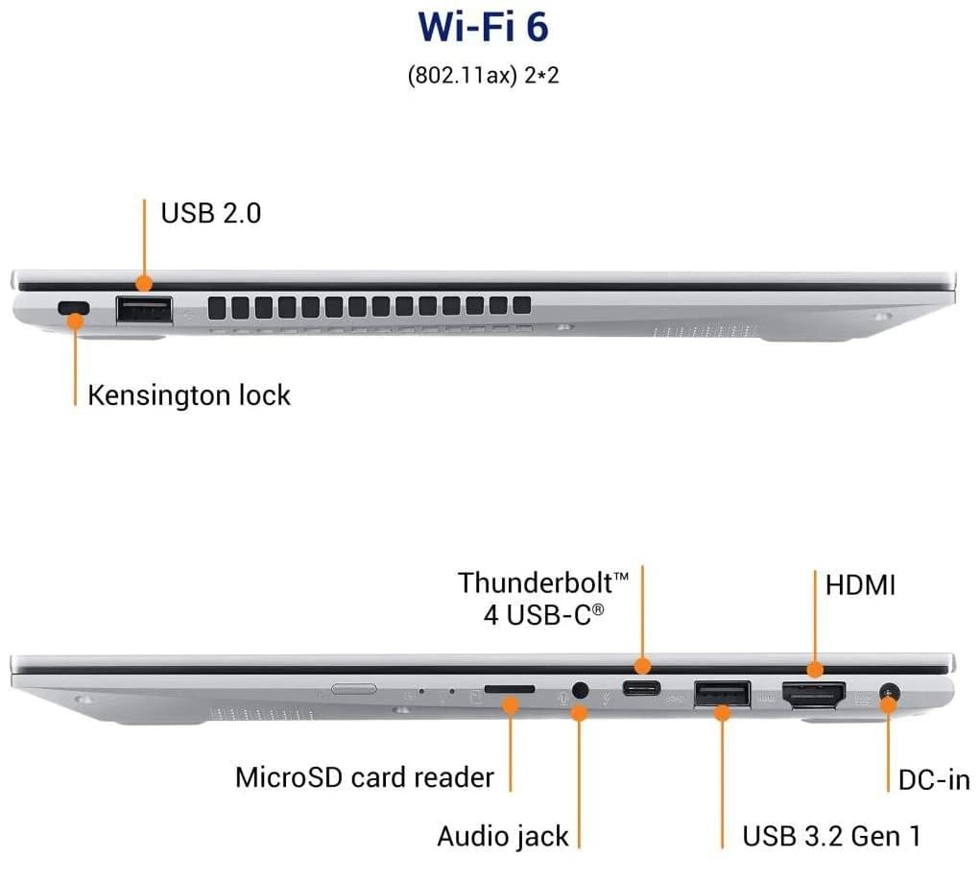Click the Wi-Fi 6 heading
pyautogui.click(x=483, y=27)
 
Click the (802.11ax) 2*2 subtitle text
pyautogui.click(x=483, y=76)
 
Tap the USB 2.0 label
pyautogui.click(x=210, y=212)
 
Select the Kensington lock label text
pyautogui.click(x=189, y=394)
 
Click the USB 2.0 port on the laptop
pyautogui.click(x=144, y=309)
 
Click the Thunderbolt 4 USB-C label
pyautogui.click(x=543, y=597)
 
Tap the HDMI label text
pyautogui.click(x=860, y=584)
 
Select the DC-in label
pyautogui.click(x=934, y=779)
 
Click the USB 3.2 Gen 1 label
pyautogui.click(x=831, y=836)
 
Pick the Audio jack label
pyautogui.click(x=503, y=836)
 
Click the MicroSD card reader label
pyautogui.click(x=364, y=776)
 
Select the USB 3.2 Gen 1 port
pyautogui.click(x=722, y=694)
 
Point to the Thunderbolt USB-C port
pyautogui.click(x=641, y=688)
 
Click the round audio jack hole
pyautogui.click(x=580, y=689)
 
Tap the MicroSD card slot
pyautogui.click(x=510, y=689)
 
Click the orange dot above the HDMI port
pyautogui.click(x=814, y=669)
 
